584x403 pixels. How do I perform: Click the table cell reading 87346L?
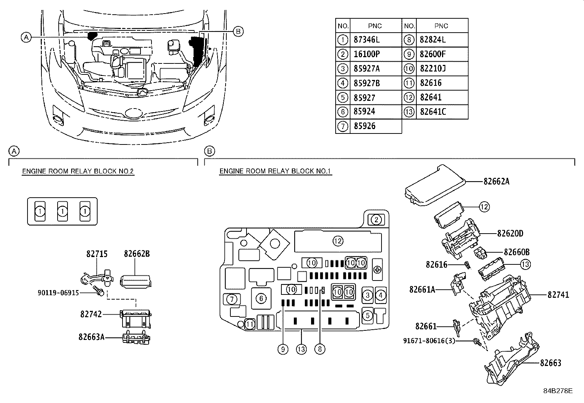[367, 40]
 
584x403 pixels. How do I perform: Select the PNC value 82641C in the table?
[433, 112]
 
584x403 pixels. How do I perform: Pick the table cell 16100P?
[367, 54]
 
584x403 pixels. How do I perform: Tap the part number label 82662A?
[496, 181]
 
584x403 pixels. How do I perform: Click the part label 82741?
[558, 294]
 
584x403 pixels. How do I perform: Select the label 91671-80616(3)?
[429, 341]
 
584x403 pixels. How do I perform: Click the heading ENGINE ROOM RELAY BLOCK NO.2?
[78, 171]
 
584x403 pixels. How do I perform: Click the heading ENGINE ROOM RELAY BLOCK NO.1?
[275, 171]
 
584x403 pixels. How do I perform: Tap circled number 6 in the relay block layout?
[261, 298]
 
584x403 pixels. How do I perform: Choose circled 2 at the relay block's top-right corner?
[376, 220]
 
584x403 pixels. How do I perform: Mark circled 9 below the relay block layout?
[282, 349]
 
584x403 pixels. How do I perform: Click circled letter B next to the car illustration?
[238, 32]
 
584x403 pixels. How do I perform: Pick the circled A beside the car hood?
[26, 37]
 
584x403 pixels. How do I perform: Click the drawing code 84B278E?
[558, 391]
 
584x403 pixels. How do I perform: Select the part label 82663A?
[91, 337]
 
